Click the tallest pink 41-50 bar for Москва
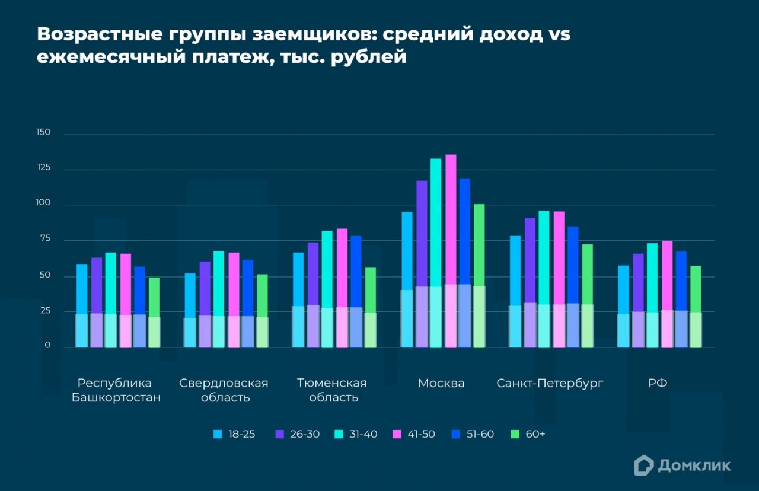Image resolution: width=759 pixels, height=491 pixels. point(451,251)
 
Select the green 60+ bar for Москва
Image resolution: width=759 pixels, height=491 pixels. point(479,276)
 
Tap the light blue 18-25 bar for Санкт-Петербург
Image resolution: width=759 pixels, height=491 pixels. point(515,291)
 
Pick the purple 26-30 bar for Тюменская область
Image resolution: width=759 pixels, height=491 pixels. point(313,295)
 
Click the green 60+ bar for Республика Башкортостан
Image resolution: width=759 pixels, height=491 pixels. point(154,313)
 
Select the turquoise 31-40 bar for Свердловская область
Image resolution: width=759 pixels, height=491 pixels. point(219,299)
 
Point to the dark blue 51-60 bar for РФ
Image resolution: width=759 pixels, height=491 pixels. point(681,299)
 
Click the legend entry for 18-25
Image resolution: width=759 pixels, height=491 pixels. point(234,434)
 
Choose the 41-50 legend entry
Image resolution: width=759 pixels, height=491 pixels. point(414,434)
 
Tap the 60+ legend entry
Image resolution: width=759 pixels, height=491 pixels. point(528,434)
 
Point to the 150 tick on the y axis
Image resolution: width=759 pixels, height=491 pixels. point(43,132)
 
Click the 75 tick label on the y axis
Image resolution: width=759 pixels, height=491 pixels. point(45,238)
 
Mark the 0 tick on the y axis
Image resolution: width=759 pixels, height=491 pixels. point(47,345)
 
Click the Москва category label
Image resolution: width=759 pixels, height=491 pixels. point(441,383)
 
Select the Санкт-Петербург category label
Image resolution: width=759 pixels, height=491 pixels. point(550,384)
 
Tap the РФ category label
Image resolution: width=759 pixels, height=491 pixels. point(658,383)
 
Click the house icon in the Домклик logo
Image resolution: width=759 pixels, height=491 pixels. point(644,466)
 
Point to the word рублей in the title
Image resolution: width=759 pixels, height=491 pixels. point(369,56)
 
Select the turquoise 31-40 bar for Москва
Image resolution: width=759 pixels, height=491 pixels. point(436,253)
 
